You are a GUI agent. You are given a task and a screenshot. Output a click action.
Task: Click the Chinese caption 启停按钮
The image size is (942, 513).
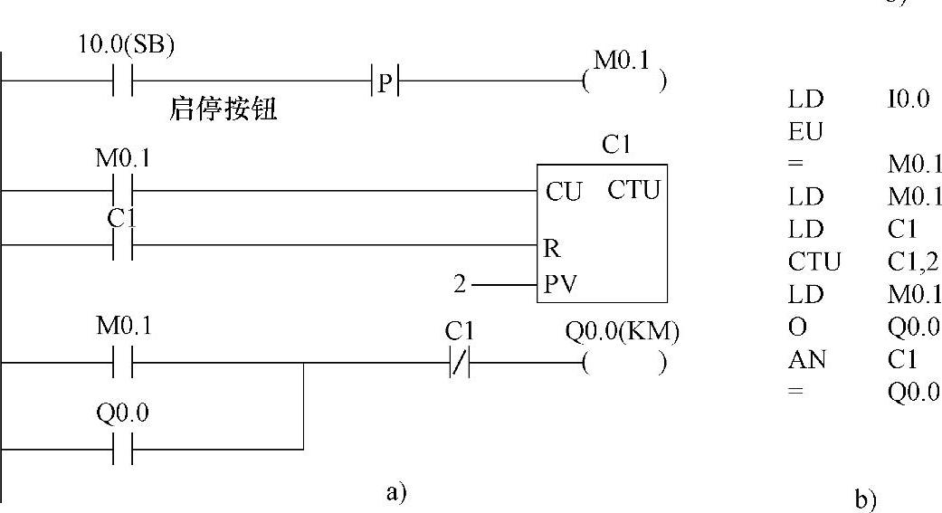pyautogui.click(x=224, y=110)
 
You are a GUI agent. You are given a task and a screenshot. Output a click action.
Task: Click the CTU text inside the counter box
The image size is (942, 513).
pyautogui.click(x=634, y=191)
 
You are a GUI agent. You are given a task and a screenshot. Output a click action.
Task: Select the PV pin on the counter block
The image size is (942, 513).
pyautogui.click(x=559, y=284)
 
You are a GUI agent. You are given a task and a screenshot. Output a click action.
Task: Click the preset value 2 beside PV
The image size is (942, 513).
pyautogui.click(x=460, y=285)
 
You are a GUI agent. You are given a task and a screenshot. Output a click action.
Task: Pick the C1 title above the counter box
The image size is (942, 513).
pyautogui.click(x=614, y=145)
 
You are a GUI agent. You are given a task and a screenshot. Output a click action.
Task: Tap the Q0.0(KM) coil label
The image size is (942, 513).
pyautogui.click(x=622, y=332)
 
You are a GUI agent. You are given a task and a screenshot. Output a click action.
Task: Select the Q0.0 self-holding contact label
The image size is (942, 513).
pyautogui.click(x=122, y=414)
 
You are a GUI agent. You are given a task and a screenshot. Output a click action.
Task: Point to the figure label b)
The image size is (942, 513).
pyautogui.click(x=865, y=499)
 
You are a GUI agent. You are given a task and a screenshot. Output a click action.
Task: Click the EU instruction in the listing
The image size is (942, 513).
pyautogui.click(x=805, y=132)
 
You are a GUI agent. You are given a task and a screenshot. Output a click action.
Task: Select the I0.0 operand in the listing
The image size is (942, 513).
pyautogui.click(x=909, y=100)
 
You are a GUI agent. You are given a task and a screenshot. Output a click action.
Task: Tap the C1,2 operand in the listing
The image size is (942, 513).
pyautogui.click(x=913, y=262)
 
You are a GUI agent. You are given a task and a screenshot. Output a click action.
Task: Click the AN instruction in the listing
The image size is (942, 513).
pyautogui.click(x=803, y=359)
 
